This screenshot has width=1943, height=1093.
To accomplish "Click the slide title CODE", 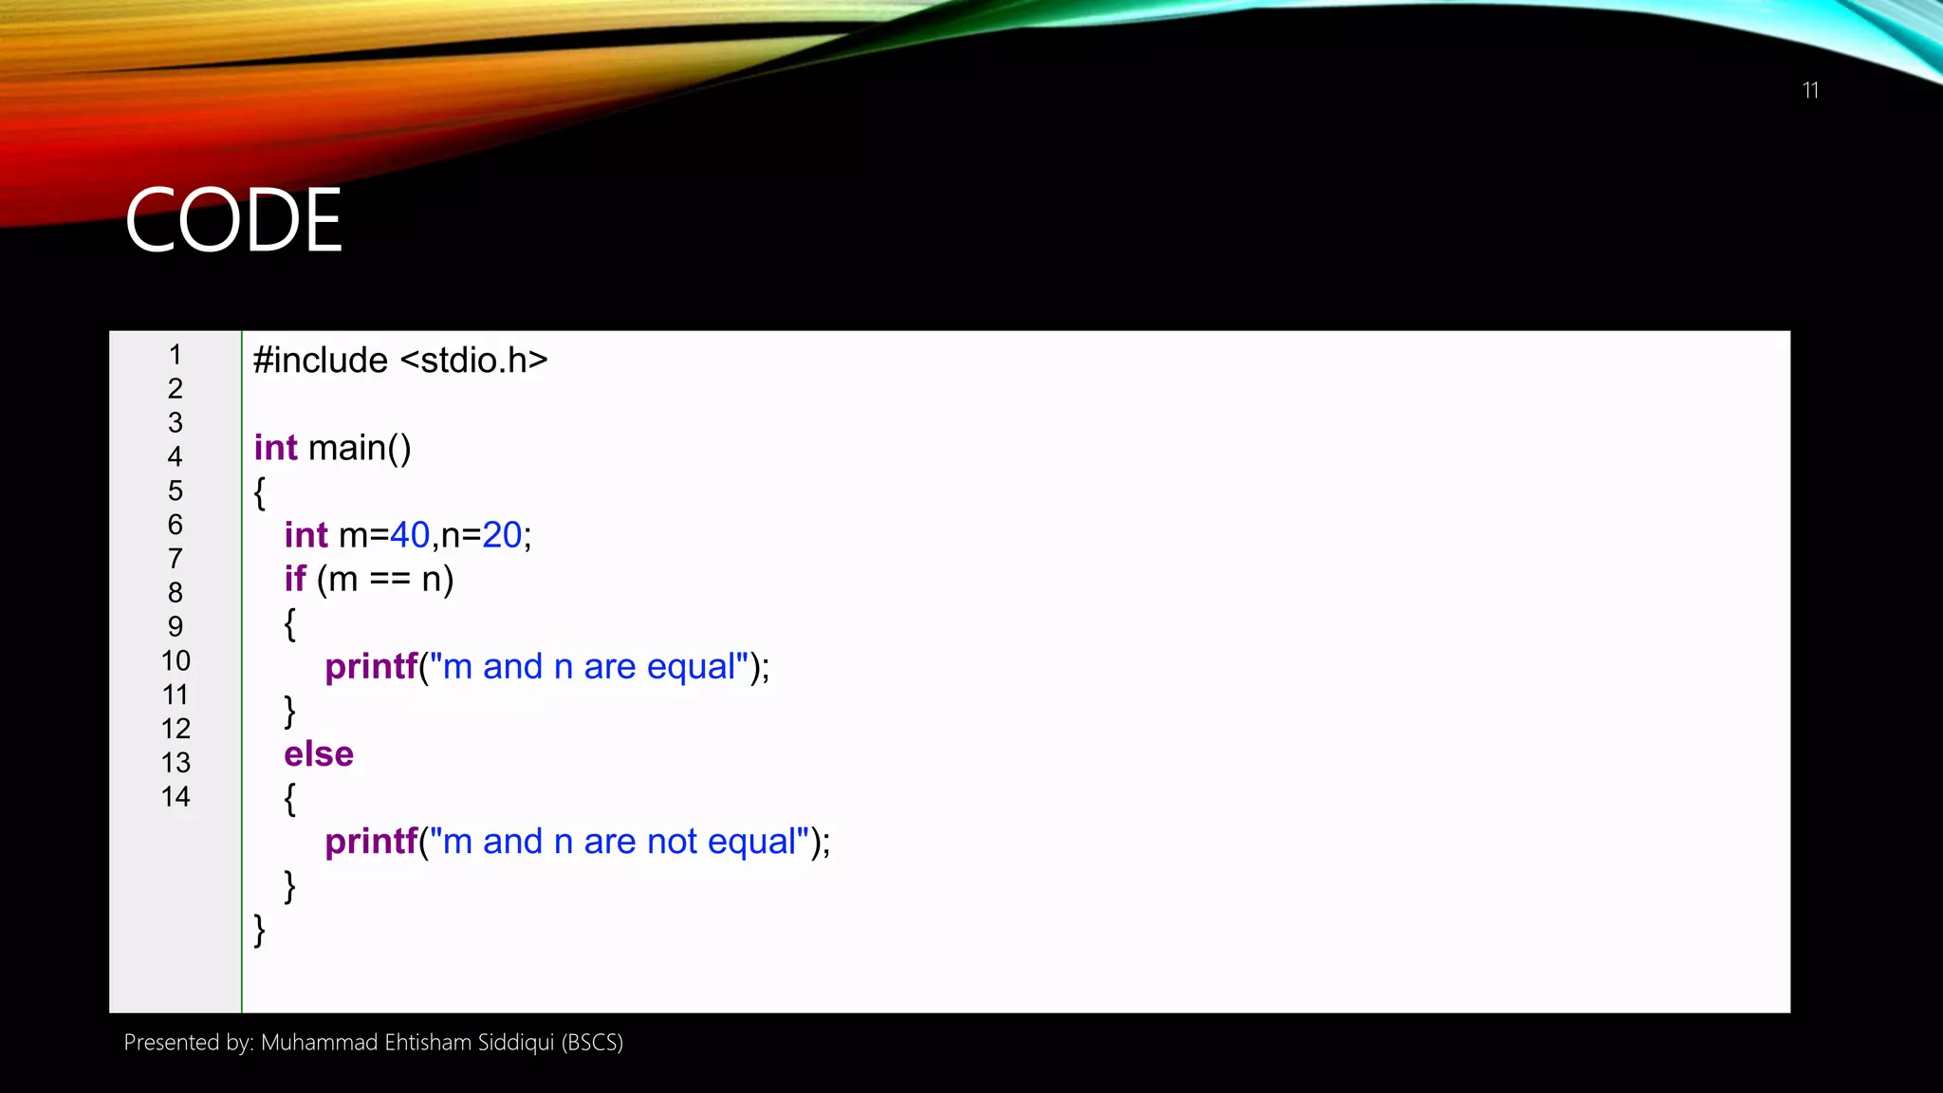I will (233, 220).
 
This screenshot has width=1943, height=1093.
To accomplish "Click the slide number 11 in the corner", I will (1810, 90).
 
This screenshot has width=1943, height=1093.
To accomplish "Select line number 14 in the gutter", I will (176, 797).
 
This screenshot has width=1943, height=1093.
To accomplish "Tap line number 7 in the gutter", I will (176, 559).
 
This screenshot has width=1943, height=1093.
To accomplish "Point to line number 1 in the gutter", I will (176, 355).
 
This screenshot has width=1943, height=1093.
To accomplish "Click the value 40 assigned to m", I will (410, 535).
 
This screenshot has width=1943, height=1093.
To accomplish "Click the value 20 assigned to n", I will (502, 535).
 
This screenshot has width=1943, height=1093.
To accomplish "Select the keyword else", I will (319, 754).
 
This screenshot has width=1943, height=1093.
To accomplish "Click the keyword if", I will (295, 579).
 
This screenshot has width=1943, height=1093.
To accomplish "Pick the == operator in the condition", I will (390, 579).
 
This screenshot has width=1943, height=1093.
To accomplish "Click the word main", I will (346, 448).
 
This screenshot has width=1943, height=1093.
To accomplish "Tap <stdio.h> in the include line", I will (474, 361).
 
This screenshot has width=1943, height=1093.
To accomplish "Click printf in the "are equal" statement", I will (371, 667).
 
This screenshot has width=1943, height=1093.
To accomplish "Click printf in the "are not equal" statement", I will (371, 842).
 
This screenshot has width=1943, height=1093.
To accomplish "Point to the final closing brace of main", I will (259, 930).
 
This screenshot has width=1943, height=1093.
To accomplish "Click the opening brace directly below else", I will (289, 799).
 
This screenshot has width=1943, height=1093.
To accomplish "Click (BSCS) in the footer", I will (592, 1043).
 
